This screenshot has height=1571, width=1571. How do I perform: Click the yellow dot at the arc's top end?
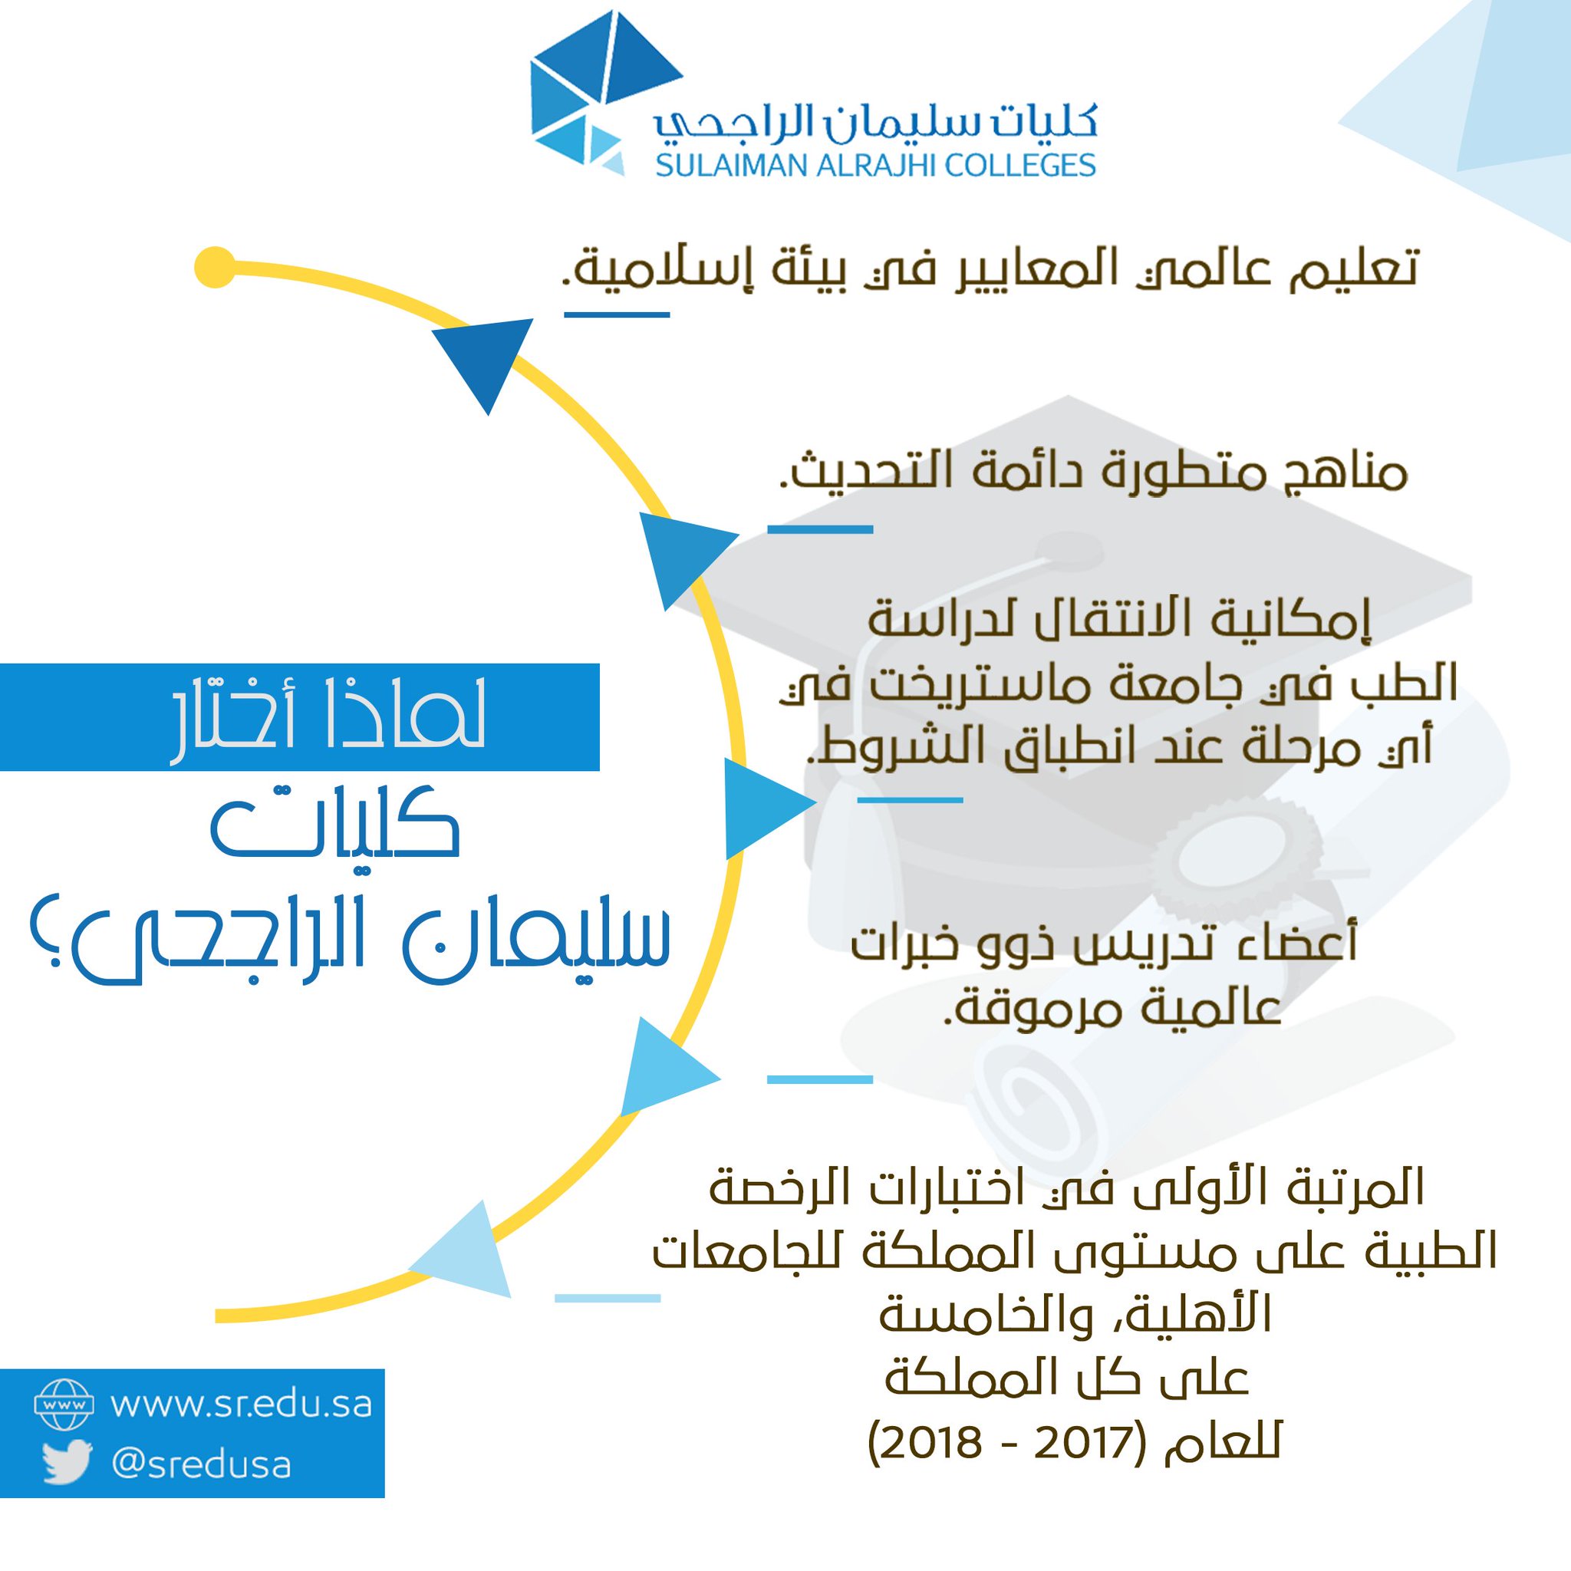coord(216,266)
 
